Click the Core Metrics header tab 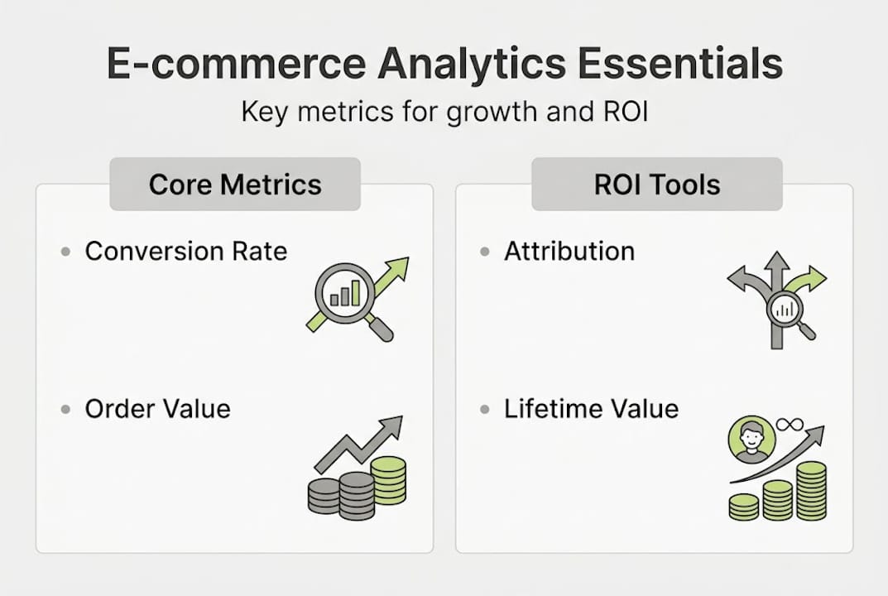click(235, 184)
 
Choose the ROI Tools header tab click(657, 184)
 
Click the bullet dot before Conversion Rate click(66, 251)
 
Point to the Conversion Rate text click(185, 251)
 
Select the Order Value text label click(157, 408)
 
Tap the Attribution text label click(569, 251)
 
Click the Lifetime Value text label click(591, 408)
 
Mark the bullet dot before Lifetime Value click(485, 409)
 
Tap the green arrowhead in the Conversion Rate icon click(397, 269)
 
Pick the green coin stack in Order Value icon click(388, 481)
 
